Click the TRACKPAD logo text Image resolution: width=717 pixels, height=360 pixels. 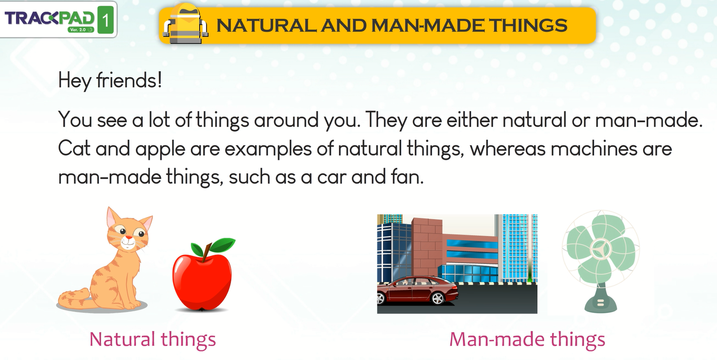[50, 18]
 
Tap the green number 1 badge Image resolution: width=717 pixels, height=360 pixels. [106, 20]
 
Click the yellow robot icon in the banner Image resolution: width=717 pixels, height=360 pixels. [186, 24]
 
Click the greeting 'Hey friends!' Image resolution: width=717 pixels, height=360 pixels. [110, 81]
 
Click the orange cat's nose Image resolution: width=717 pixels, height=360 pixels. [129, 238]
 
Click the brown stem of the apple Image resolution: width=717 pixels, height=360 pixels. [207, 252]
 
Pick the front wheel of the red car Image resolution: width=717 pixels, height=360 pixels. [437, 298]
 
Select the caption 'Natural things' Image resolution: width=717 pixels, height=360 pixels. [153, 340]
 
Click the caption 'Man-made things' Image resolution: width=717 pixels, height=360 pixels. [527, 340]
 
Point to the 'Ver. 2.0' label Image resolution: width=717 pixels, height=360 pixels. [78, 30]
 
